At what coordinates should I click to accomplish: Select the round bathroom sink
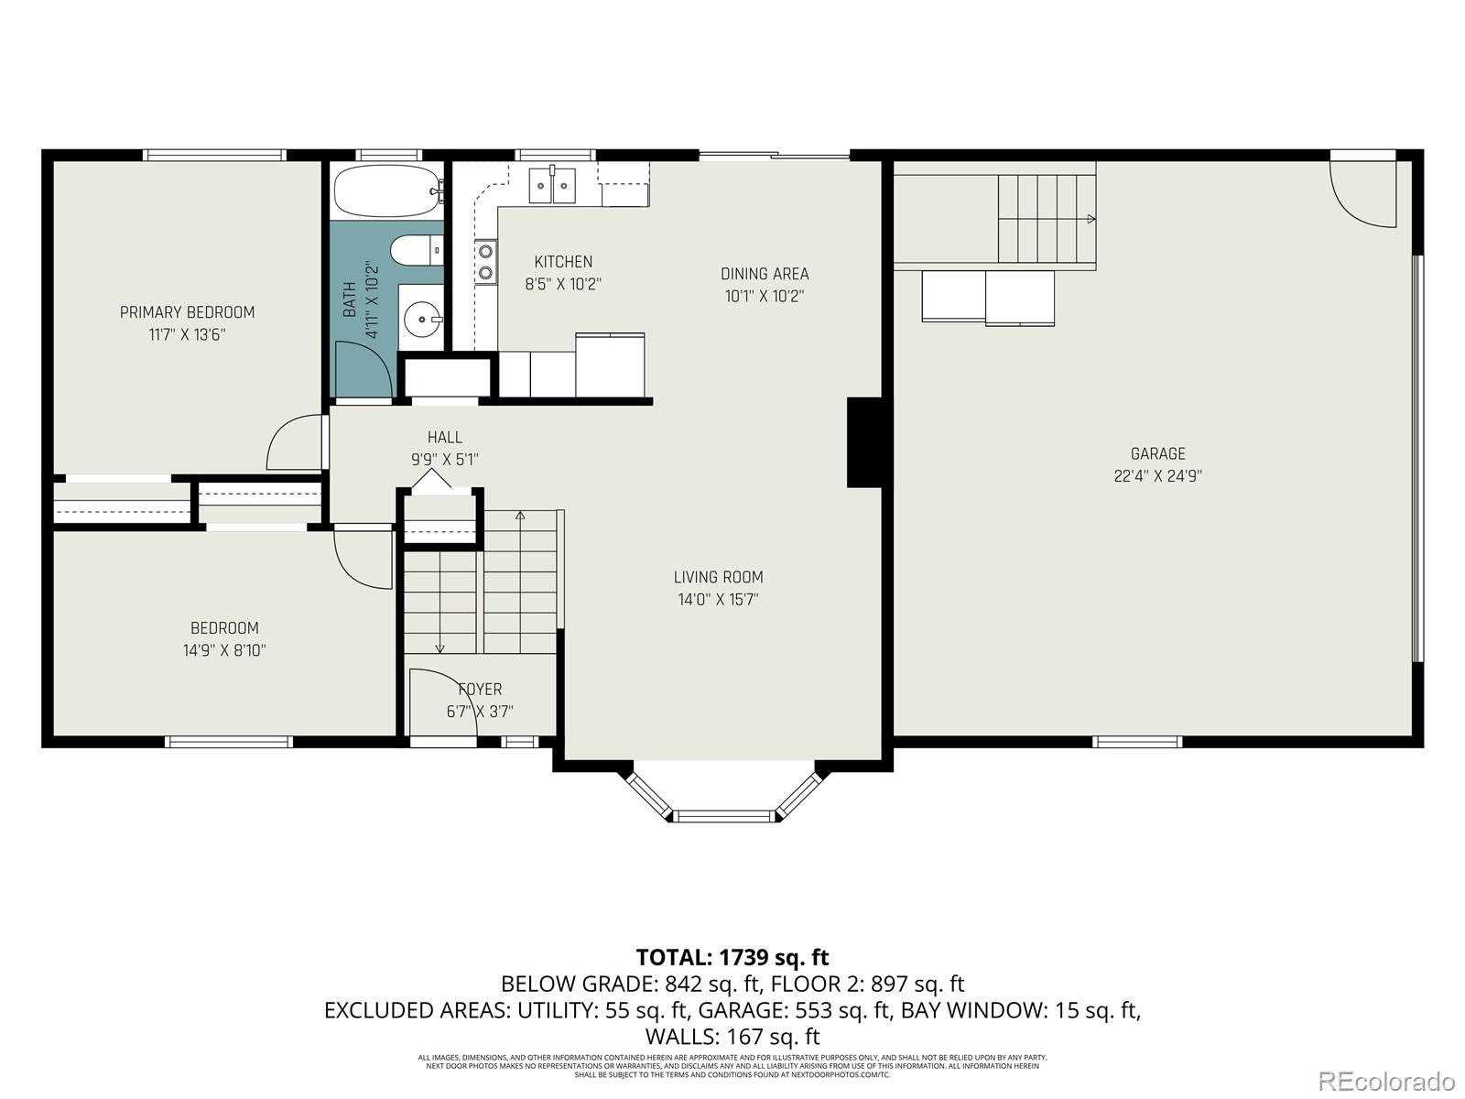click(423, 319)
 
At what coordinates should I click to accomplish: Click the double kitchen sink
click(553, 186)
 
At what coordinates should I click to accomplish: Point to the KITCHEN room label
click(563, 262)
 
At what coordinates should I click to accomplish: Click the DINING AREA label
click(765, 274)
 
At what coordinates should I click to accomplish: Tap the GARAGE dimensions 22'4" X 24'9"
click(1157, 476)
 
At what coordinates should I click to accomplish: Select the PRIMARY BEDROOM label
click(187, 312)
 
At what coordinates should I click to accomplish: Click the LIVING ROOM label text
click(718, 577)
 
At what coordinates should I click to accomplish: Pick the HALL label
click(444, 438)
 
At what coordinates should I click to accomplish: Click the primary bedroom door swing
click(295, 444)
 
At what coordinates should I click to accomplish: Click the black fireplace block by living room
click(863, 442)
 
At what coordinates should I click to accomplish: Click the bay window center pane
click(724, 814)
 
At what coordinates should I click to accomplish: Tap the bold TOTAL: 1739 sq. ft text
click(732, 957)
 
